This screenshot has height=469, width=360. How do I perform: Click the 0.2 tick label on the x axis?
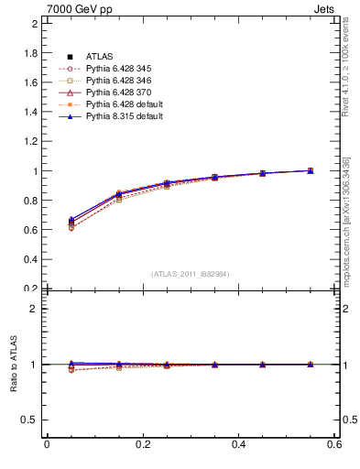(142, 444)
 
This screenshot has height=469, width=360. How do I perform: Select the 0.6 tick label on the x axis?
(333, 444)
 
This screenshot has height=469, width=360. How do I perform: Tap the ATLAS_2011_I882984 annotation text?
(190, 274)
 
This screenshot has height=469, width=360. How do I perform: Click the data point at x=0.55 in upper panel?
(311, 170)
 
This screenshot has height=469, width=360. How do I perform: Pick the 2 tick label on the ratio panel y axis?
(34, 309)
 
